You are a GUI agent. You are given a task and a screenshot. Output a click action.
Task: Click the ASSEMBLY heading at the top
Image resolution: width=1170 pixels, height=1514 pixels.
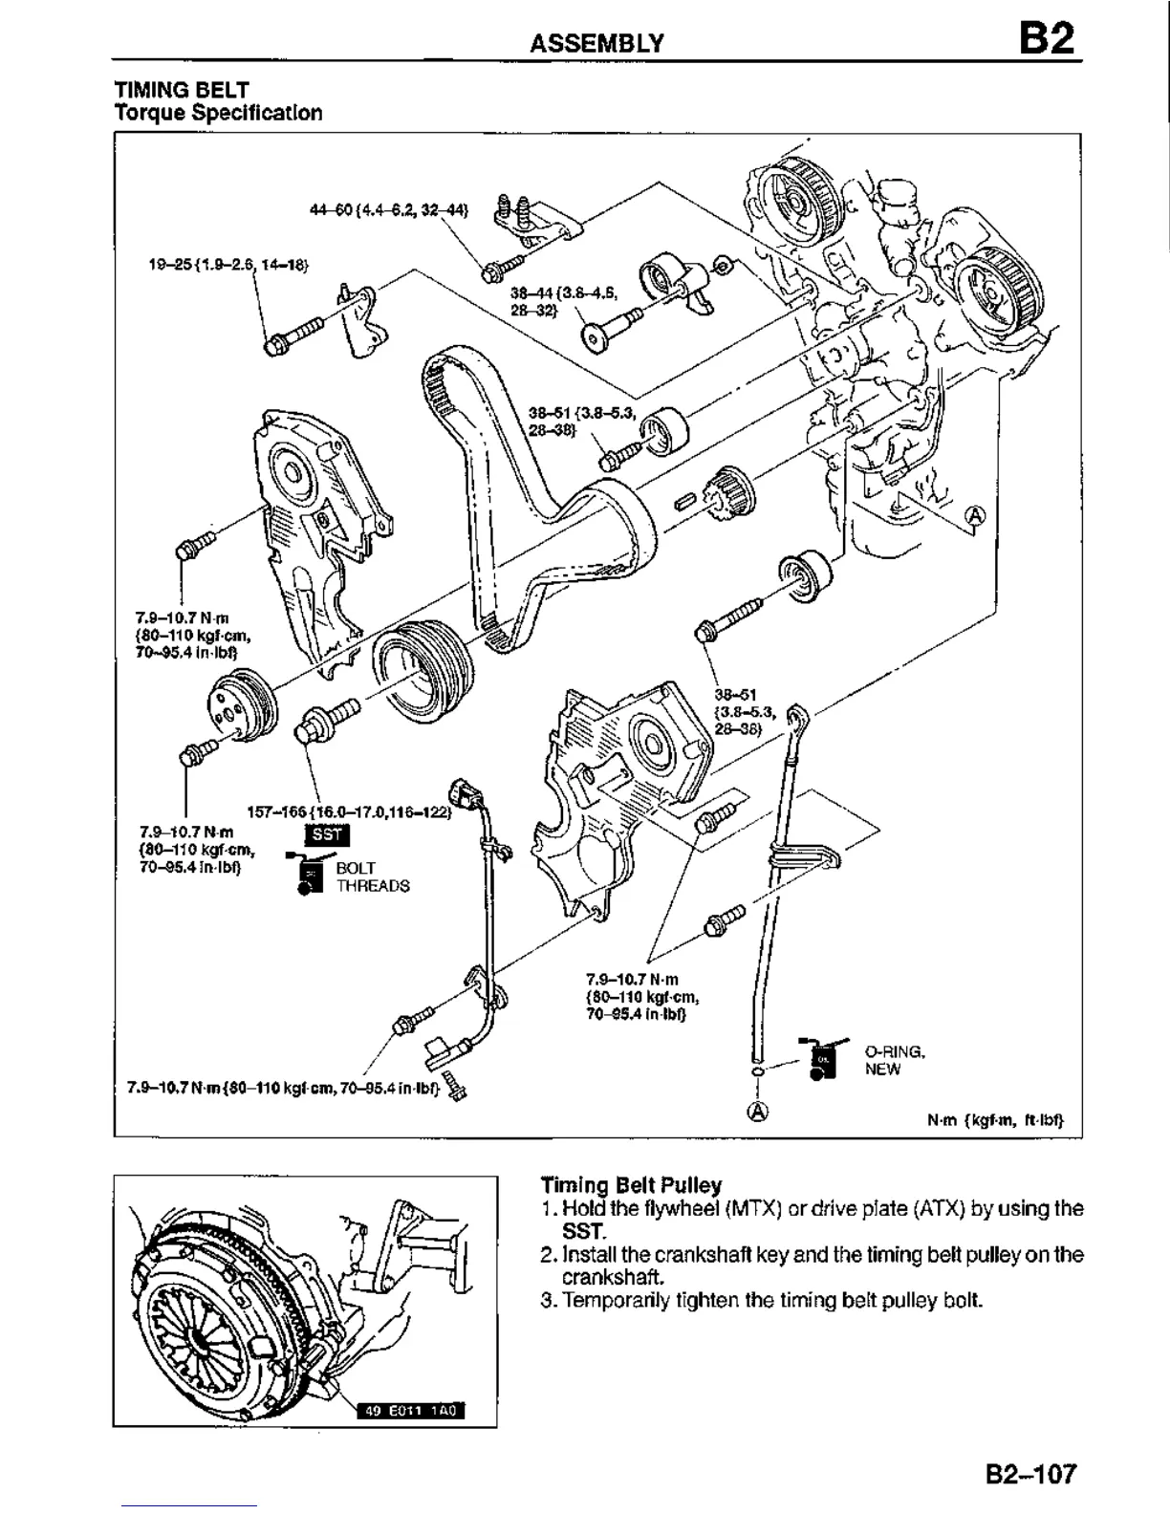point(597,43)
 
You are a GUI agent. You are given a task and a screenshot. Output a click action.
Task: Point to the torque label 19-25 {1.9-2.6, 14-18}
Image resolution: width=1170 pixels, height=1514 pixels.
point(228,262)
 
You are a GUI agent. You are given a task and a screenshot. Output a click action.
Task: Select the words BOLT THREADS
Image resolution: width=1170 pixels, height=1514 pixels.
point(372,877)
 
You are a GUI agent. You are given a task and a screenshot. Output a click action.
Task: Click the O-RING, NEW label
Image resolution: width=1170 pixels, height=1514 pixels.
point(894,1060)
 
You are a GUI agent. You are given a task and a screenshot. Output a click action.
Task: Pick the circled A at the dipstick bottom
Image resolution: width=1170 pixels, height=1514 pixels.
point(758,1112)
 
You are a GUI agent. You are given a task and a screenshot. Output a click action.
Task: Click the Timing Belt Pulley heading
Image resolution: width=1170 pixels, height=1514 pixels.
point(631,1185)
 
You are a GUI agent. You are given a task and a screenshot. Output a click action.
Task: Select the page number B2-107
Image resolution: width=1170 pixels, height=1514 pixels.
point(1030,1474)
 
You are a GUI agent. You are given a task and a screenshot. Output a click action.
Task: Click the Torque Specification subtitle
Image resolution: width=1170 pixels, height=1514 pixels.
point(218,113)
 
